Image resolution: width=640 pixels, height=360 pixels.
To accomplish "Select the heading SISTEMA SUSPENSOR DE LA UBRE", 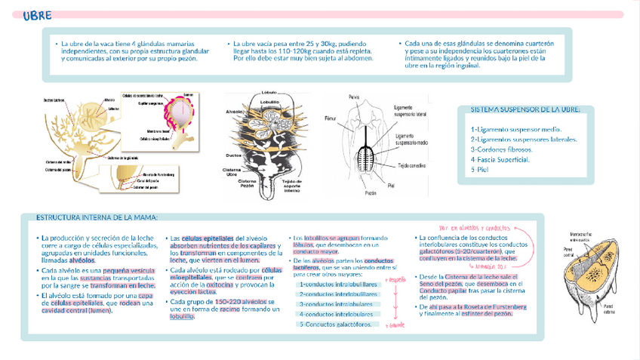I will coord(525,109).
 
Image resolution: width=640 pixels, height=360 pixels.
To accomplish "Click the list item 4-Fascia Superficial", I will coord(505,159).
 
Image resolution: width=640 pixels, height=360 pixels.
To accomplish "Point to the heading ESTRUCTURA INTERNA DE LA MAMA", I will coord(97,217).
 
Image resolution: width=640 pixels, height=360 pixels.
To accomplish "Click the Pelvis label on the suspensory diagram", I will coord(353,97).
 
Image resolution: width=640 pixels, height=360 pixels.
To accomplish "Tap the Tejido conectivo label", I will coord(413,163).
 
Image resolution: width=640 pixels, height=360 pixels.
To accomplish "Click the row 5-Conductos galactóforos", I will coord(335,325).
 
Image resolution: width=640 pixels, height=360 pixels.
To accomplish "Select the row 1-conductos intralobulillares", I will coord(338,285).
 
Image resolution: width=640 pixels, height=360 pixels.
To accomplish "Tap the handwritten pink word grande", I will coord(395,325).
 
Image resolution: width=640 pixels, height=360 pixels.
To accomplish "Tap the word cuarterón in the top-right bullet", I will coord(528,44).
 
